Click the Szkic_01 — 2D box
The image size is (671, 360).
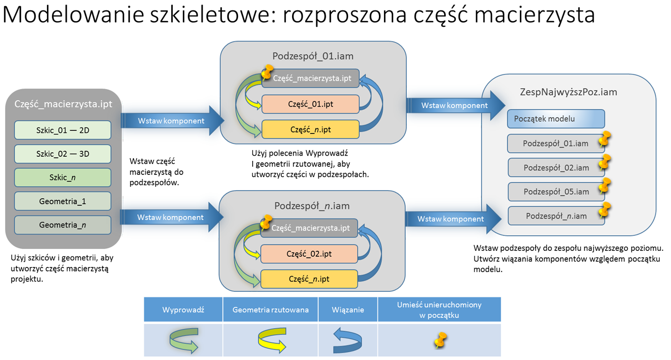(63, 130)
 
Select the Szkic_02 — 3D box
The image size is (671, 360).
(63, 154)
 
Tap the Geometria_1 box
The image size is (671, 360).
(63, 201)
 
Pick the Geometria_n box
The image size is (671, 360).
(63, 225)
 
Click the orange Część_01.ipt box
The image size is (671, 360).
(310, 104)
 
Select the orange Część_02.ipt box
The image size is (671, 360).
(309, 253)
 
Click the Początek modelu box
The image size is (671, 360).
(556, 119)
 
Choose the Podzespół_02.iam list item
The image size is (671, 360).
(556, 167)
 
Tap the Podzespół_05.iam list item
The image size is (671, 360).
(556, 192)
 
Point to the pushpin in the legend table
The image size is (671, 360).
(440, 340)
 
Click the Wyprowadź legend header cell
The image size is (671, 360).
(183, 309)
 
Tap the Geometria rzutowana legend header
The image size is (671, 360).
(270, 309)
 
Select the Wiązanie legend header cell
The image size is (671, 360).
(348, 309)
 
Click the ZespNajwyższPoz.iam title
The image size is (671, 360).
(568, 92)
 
